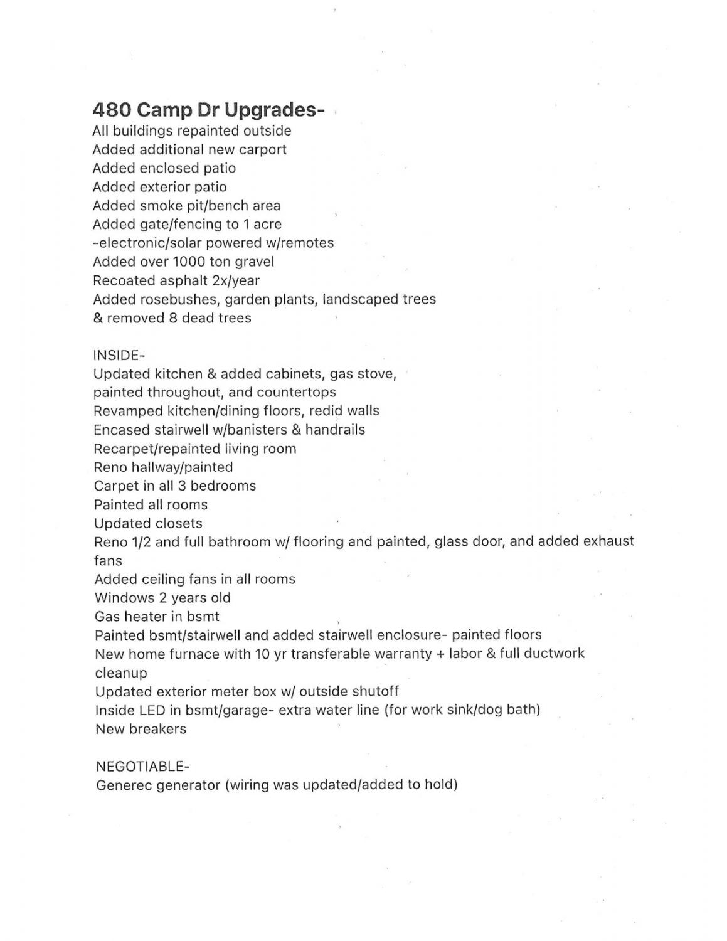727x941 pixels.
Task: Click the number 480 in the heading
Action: tap(112, 110)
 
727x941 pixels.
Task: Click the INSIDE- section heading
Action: tap(119, 355)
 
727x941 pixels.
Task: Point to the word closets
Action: tap(178, 523)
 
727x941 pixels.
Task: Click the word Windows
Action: tap(122, 598)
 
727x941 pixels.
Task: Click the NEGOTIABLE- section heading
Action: tap(142, 767)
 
